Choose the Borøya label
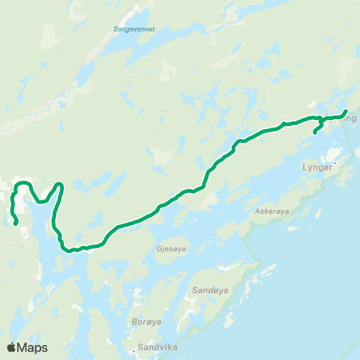[145, 322]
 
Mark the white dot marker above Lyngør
[336, 162]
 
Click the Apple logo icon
[11, 347]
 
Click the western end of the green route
[16, 223]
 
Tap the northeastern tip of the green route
[345, 112]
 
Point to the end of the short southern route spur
[314, 133]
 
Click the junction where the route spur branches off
[322, 118]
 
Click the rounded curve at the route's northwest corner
[22, 184]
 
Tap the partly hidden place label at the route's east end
[346, 118]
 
